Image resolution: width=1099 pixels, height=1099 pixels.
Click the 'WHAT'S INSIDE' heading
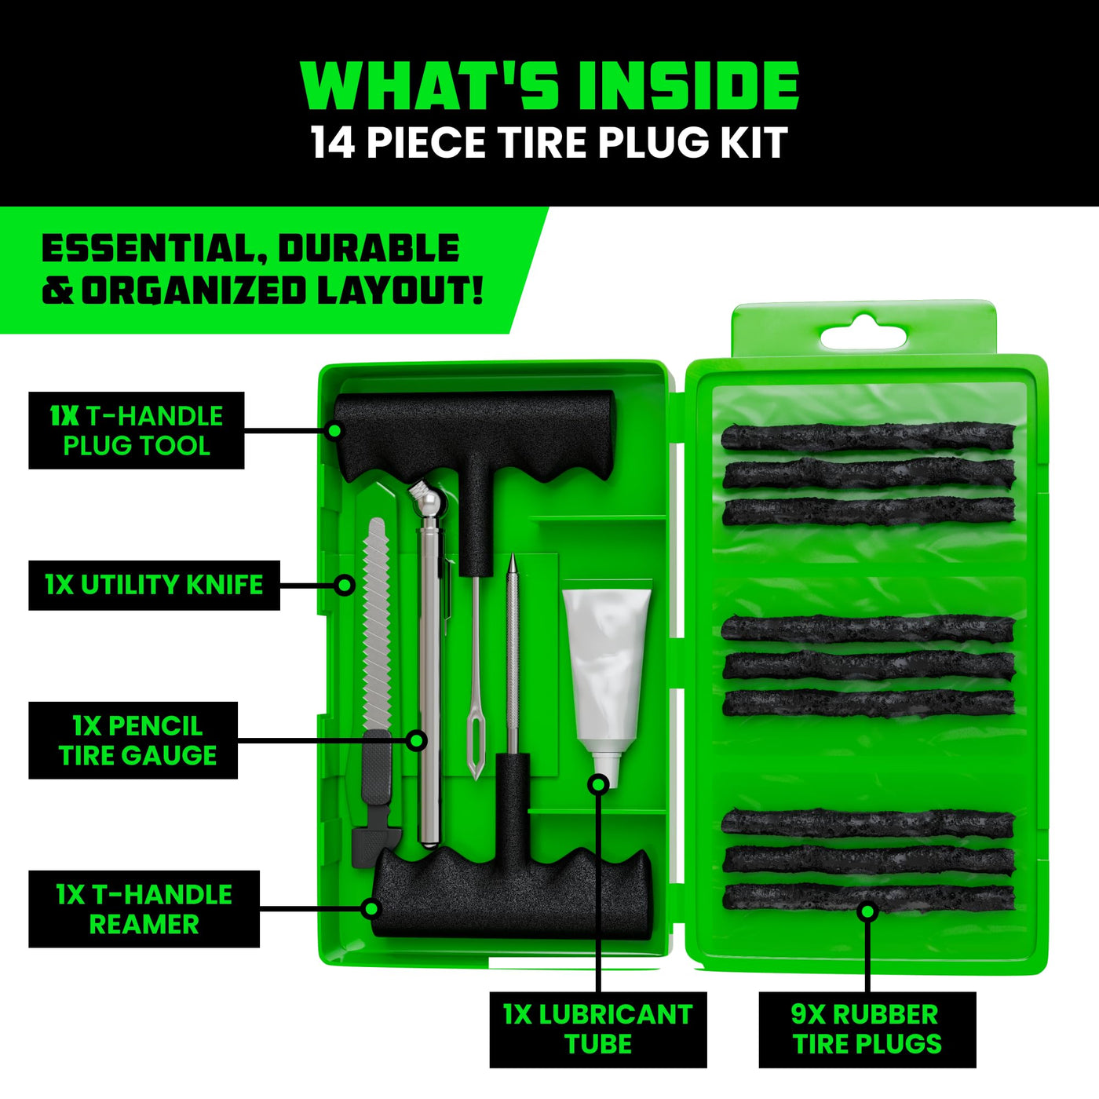coord(549,86)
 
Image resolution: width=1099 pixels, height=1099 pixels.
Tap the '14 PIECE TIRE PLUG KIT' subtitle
coord(549,143)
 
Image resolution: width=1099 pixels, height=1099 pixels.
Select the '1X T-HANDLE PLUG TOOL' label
coord(137,431)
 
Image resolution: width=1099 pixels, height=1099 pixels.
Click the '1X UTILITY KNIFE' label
coord(154,585)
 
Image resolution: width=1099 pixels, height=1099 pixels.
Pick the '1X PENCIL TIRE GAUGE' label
coord(133,740)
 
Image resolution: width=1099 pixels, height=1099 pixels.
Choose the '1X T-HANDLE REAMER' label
coord(144,909)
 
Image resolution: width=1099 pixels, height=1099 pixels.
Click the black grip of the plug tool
coord(473,433)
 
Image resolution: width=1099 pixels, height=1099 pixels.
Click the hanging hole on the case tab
coord(863,333)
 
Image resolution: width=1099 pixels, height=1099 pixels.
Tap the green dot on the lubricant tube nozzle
coord(598,785)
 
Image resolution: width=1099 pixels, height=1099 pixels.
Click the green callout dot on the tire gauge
coord(417,740)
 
